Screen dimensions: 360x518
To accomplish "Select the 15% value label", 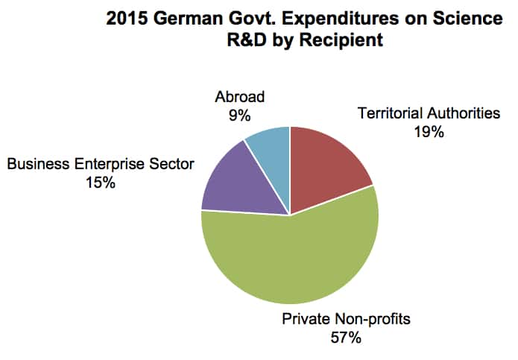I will pos(100,182).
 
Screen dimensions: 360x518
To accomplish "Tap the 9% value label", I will pos(239,115).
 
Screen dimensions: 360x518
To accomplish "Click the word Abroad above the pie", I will pos(240,97).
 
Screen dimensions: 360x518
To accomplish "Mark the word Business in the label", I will pos(35,163).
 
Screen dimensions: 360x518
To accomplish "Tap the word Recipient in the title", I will pos(347,40).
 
